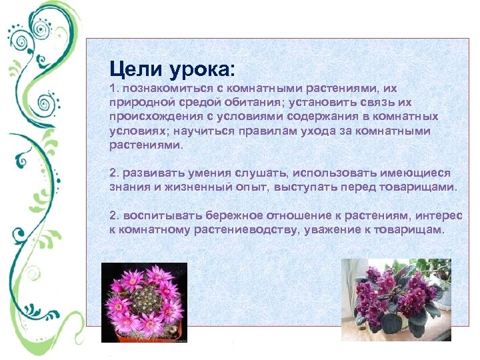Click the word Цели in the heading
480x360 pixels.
pos(133,69)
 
